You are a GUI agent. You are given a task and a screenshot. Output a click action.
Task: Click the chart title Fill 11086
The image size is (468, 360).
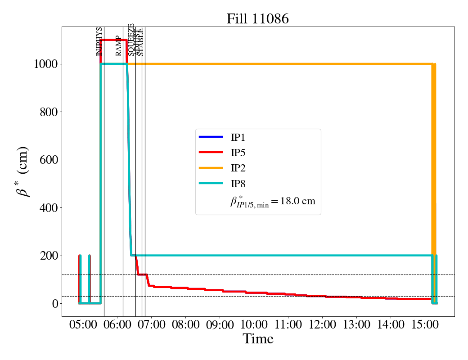pyautogui.click(x=257, y=18)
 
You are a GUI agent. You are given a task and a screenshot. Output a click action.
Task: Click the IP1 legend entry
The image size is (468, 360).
pyautogui.click(x=238, y=137)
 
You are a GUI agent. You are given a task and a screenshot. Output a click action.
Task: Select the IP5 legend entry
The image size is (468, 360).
pyautogui.click(x=238, y=153)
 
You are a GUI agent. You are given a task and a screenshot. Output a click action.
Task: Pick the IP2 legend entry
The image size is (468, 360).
pyautogui.click(x=238, y=168)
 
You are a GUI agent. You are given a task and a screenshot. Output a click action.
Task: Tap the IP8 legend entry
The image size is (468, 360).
pyautogui.click(x=238, y=184)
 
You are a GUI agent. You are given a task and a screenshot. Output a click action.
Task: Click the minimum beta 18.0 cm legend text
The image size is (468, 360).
pyautogui.click(x=273, y=201)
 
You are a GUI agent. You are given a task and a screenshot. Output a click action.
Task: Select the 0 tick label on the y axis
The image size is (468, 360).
pyautogui.click(x=54, y=304)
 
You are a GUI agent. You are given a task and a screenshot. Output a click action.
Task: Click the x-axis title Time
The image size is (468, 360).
pyautogui.click(x=258, y=339)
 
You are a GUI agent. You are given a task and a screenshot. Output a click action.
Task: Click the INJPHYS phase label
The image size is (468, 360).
pyautogui.click(x=99, y=41)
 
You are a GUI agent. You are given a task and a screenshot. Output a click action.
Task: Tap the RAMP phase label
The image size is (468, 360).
pyautogui.click(x=119, y=45)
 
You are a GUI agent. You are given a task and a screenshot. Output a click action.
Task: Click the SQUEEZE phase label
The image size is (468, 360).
pyautogui.click(x=131, y=40)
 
